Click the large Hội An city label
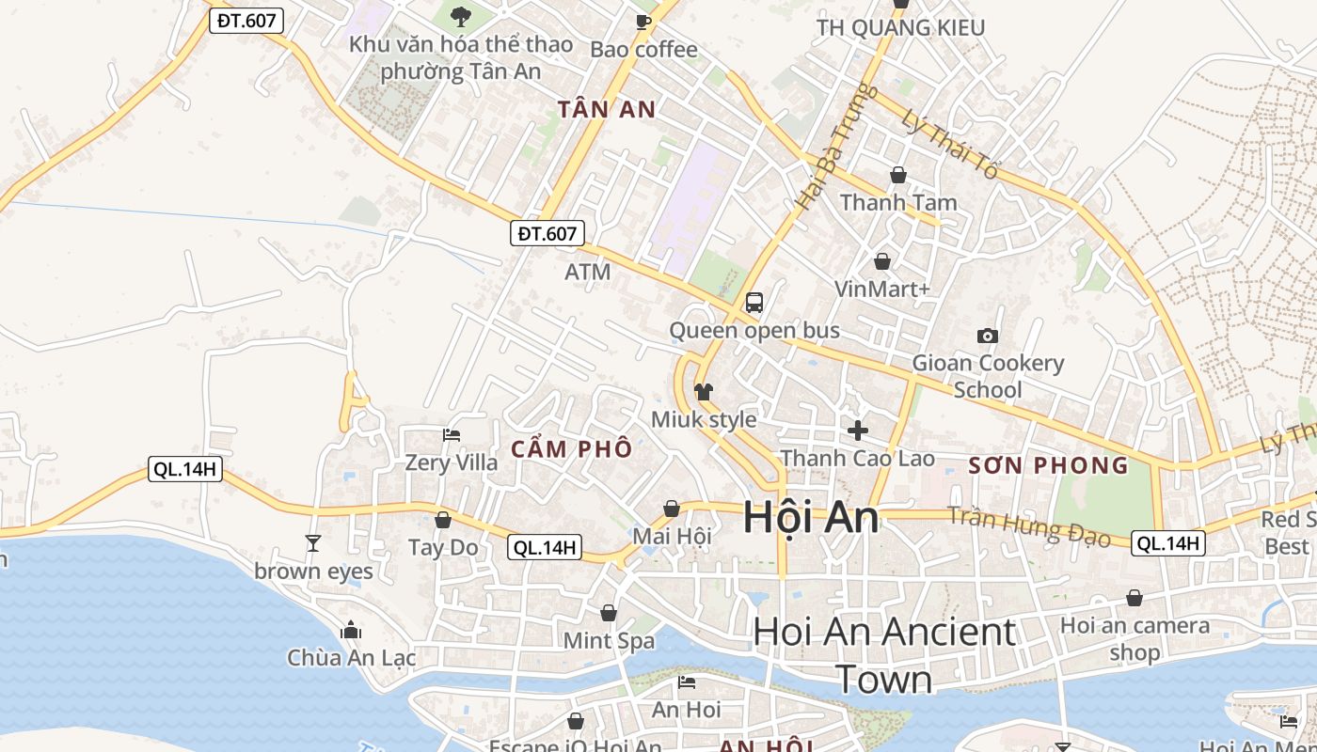coord(811,518)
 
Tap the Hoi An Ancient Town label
coord(884,655)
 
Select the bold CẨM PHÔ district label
coord(572,449)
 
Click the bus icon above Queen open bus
coord(754,303)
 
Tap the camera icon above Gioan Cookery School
coord(988,336)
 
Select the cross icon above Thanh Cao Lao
coord(858,431)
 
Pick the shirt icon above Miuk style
coord(704,391)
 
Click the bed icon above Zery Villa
coord(452,435)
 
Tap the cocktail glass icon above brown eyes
coord(313,543)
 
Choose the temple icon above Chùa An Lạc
coord(351,629)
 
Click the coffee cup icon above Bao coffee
coord(643,22)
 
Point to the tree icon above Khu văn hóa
coord(461,16)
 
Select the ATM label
coord(588,273)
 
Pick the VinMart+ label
coord(882,290)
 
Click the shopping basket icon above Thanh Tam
coord(898,175)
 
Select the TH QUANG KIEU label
coord(900,28)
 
